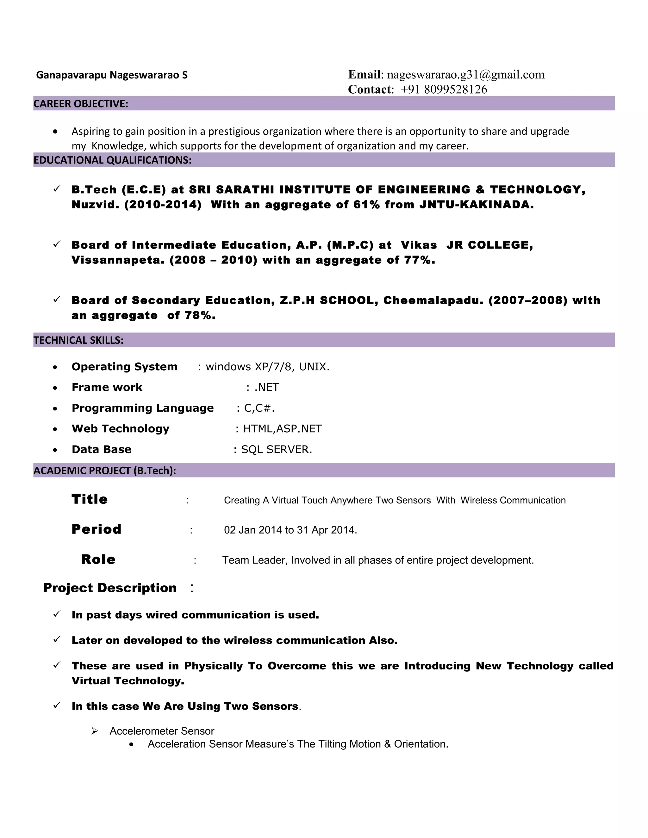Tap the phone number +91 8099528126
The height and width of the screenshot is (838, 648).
tap(444, 89)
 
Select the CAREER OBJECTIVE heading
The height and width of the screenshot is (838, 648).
tap(81, 104)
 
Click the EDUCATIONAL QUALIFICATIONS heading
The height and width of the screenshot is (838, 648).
tap(112, 160)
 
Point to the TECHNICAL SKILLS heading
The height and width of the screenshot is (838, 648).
tap(79, 340)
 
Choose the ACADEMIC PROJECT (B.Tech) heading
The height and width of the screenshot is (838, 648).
tap(105, 471)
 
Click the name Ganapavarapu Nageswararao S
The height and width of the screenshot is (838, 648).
tap(112, 75)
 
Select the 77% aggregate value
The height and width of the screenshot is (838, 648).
tap(419, 260)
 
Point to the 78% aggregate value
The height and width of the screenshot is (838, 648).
tap(200, 315)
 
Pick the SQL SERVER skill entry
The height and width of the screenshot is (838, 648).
tap(277, 449)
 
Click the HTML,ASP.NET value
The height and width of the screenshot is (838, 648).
tap(283, 428)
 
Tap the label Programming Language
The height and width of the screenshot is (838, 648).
tap(142, 408)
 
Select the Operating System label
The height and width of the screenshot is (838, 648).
tap(124, 367)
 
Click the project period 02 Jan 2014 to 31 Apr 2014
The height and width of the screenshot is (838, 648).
tap(290, 530)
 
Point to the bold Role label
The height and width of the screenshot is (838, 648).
tap(98, 559)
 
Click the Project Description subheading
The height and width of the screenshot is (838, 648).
tap(110, 588)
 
